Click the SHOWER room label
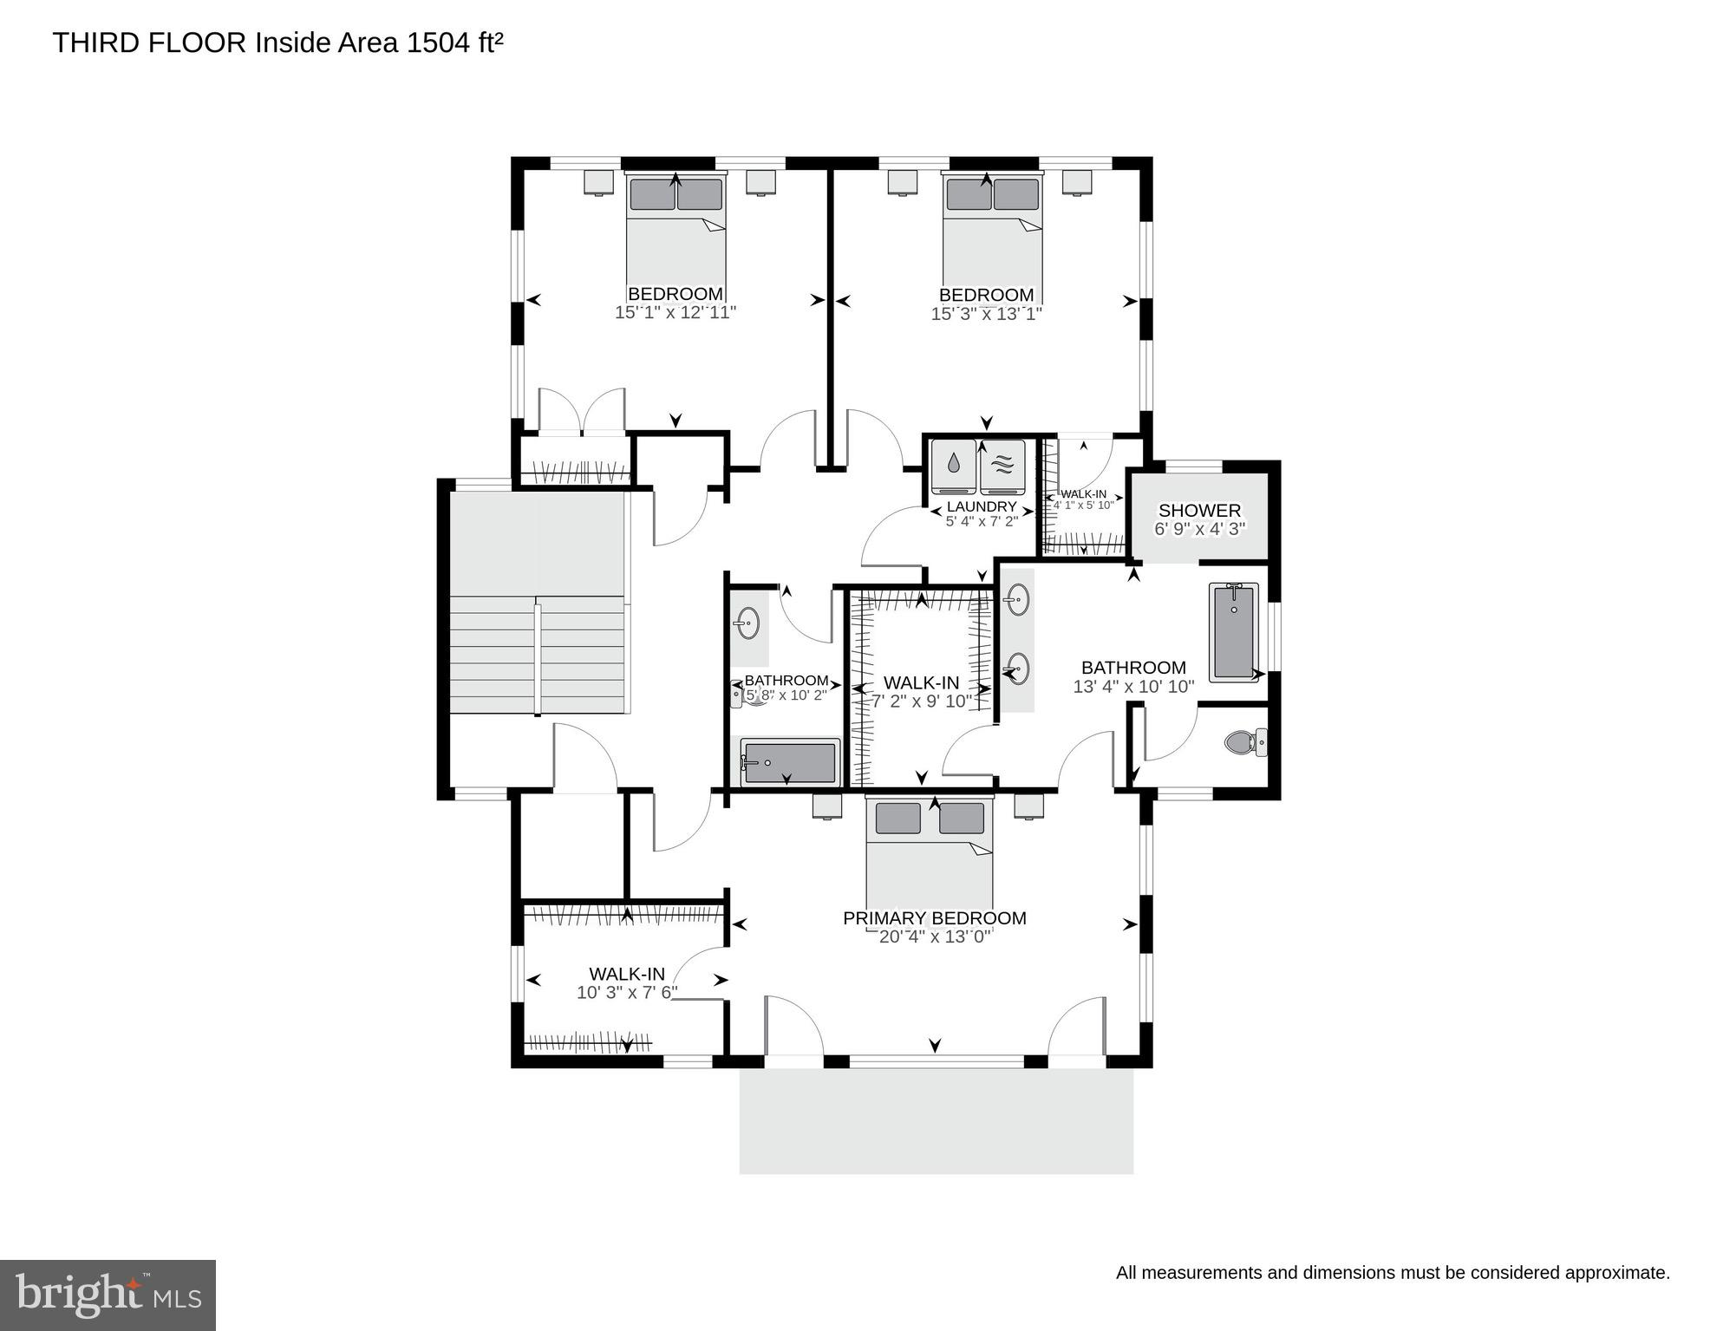[1199, 511]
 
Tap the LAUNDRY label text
[982, 506]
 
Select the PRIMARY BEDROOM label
[934, 918]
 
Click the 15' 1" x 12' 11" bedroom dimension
[675, 313]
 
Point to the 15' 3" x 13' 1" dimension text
[986, 314]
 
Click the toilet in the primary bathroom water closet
[1245, 742]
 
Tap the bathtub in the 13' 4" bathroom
[1232, 632]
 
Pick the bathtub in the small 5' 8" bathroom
[789, 762]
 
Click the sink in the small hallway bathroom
[747, 623]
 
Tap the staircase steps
[538, 654]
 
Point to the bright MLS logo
[108, 1295]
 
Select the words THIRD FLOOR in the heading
[149, 42]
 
